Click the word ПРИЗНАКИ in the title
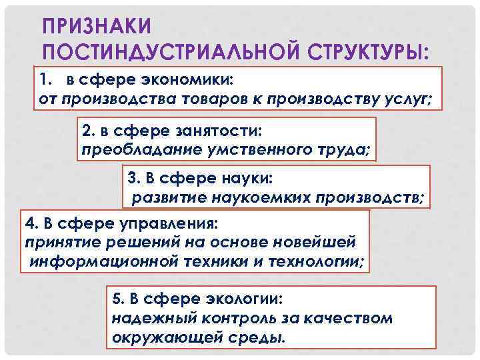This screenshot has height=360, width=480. pyautogui.click(x=97, y=26)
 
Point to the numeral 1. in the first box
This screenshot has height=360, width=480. pyautogui.click(x=46, y=81)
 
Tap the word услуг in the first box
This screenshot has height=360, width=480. pyautogui.click(x=409, y=99)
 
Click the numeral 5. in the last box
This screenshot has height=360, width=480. pyautogui.click(x=118, y=299)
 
